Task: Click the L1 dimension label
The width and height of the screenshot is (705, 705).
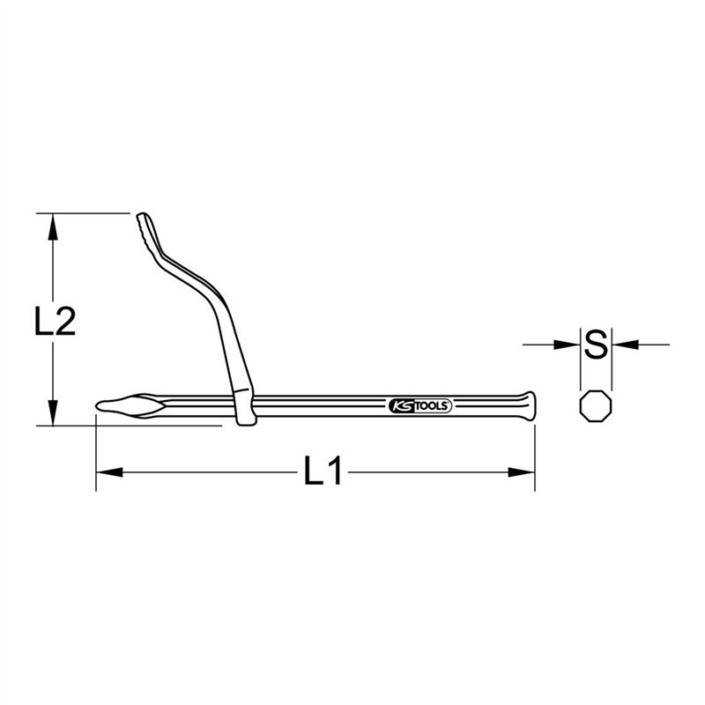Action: [323, 471]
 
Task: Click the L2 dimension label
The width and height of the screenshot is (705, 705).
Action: [55, 322]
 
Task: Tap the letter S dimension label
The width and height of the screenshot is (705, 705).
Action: [596, 344]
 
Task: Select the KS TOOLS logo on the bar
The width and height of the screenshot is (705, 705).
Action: [420, 405]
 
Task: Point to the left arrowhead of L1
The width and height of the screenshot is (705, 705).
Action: [109, 472]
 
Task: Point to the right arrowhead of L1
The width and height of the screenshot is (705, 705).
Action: [522, 472]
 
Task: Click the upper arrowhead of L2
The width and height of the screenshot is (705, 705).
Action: [53, 226]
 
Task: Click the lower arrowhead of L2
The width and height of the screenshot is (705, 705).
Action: [53, 412]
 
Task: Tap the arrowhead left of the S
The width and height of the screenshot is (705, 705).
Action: [567, 345]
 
